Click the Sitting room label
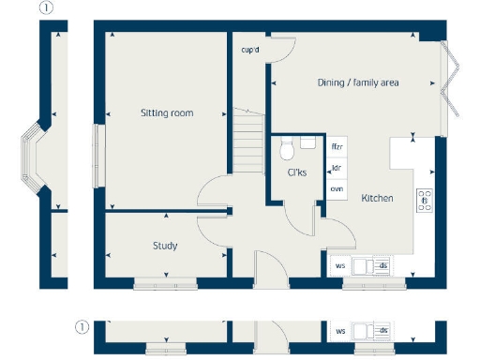pos(167,112)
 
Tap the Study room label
pos(165,246)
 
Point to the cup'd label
pos(250,50)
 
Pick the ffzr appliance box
pos(337,147)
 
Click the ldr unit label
pos(336,169)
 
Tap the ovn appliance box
pos(337,189)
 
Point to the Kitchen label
pos(377,198)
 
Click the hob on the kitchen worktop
pos(424,200)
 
